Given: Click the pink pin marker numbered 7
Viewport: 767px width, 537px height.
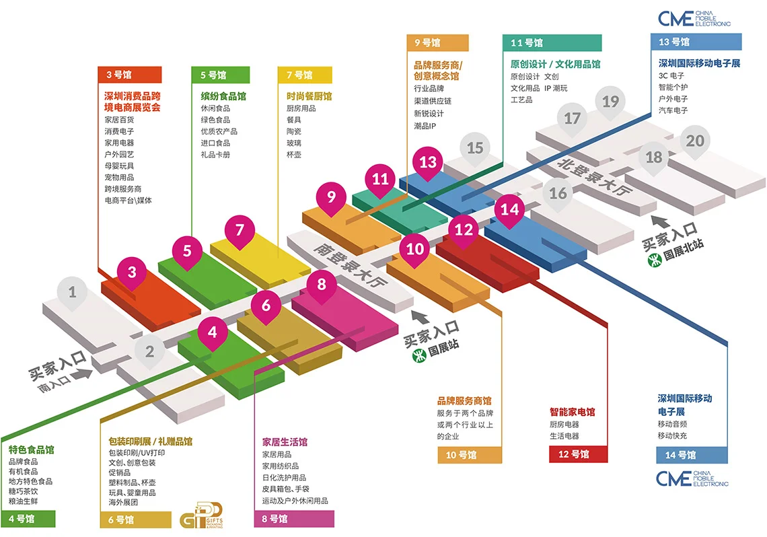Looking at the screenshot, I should [240, 231].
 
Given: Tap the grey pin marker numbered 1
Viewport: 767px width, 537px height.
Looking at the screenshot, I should [73, 293].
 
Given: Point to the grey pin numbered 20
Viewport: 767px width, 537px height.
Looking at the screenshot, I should [695, 141].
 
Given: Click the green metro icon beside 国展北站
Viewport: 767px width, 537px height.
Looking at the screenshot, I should [652, 257].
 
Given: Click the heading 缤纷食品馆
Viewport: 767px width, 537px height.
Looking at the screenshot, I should [223, 96].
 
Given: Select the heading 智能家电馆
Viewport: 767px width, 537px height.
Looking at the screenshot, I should [572, 412].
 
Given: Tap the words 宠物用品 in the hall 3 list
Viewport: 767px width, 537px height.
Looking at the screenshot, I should [119, 177].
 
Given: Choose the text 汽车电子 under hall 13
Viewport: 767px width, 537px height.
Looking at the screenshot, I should [673, 110].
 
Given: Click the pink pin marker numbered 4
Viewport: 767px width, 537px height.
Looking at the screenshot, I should [213, 332].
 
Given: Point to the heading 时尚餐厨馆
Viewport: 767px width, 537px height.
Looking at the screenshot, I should [309, 96].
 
